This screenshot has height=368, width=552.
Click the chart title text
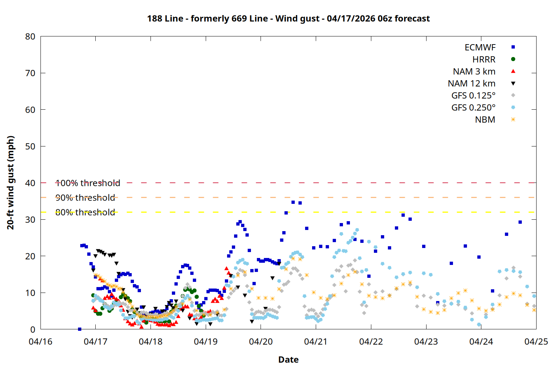pyautogui.click(x=288, y=18)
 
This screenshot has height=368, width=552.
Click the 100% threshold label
pyautogui.click(x=88, y=183)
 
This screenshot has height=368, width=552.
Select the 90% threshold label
pyautogui.click(x=85, y=198)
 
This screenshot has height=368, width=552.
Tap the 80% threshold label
pyautogui.click(x=85, y=212)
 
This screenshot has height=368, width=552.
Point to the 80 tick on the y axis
pyautogui.click(x=30, y=36)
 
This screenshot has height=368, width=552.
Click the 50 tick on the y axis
pyautogui.click(x=30, y=146)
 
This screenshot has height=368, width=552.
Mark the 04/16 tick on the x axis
pyautogui.click(x=40, y=342)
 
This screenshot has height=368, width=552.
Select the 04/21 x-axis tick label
pyautogui.click(x=316, y=342)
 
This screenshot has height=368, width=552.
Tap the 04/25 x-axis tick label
pyautogui.click(x=536, y=342)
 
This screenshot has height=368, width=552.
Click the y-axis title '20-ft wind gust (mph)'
pyautogui.click(x=11, y=183)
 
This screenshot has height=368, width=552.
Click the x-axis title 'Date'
pyautogui.click(x=288, y=360)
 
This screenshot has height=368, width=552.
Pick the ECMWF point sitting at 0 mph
pyautogui.click(x=79, y=329)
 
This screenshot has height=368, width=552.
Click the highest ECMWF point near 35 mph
pyautogui.click(x=293, y=202)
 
